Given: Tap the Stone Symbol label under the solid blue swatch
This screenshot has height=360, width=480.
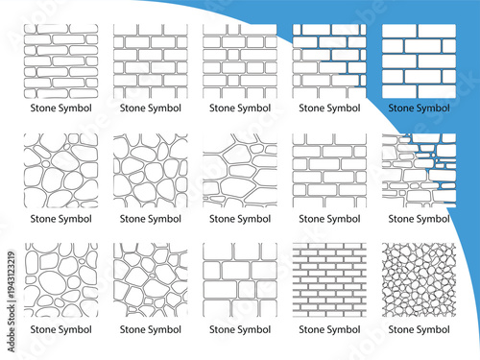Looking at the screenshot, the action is [x=419, y=108].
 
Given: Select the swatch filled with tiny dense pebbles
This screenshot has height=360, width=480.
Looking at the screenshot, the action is [x=419, y=279].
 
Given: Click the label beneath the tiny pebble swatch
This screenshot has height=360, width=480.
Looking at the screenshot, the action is [x=419, y=329].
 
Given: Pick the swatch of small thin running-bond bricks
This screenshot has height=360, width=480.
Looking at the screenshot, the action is [x=329, y=279].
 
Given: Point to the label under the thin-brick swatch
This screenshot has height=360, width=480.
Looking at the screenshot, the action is [x=329, y=329].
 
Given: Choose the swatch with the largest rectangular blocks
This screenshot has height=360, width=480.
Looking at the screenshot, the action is [x=240, y=279].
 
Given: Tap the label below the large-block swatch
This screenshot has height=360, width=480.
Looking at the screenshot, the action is [x=240, y=329].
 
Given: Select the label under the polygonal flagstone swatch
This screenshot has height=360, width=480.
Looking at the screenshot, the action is [x=240, y=219].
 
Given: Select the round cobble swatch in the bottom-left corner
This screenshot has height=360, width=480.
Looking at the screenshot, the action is [x=60, y=279].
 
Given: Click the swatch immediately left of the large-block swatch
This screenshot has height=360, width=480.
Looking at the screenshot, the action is [x=151, y=279].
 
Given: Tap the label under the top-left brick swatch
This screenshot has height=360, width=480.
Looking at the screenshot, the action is [x=60, y=108].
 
